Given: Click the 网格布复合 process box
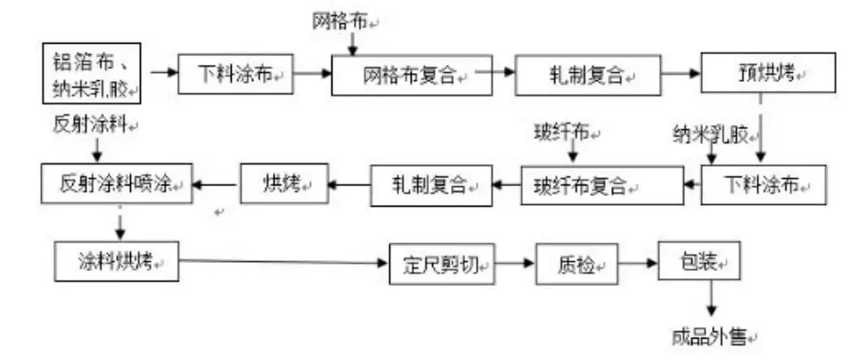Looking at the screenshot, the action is point(412,75).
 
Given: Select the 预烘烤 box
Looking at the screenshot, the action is point(768,72).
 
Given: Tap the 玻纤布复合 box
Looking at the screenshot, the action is point(602,185).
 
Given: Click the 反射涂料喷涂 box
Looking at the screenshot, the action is point(117,183).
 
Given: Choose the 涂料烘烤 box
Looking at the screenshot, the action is point(116,261).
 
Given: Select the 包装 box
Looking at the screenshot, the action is point(699,260).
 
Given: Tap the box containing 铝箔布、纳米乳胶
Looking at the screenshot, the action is point(92,73).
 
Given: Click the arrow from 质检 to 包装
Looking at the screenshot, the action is point(638,264).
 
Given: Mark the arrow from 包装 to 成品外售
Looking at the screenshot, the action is point(711,298).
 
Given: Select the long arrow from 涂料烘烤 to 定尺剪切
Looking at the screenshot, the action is point(283,262).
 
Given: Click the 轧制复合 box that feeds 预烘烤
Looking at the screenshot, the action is point(588,75).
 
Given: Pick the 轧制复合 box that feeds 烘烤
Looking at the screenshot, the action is point(430,185).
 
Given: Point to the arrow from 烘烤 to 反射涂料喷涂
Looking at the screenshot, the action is point(217,184).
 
